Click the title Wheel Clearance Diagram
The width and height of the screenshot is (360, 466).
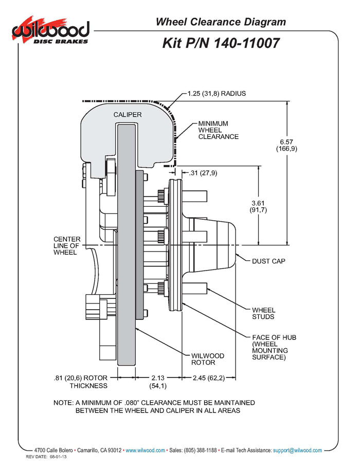(x=221, y=22)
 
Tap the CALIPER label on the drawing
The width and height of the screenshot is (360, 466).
(x=127, y=114)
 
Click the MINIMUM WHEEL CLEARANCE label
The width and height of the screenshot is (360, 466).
(x=219, y=130)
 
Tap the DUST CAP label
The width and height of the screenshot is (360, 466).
(x=268, y=261)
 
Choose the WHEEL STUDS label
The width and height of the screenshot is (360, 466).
(x=263, y=313)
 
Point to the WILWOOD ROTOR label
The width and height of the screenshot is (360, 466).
(x=208, y=359)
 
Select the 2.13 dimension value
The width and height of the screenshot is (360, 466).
(x=157, y=378)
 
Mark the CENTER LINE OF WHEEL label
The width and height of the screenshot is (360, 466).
(x=67, y=245)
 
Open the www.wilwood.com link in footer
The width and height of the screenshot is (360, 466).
(x=145, y=450)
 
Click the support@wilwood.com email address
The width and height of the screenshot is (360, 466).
(x=297, y=450)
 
